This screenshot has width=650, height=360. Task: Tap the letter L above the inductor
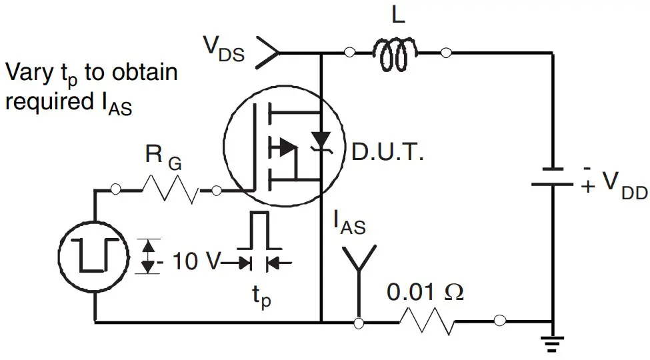[x=398, y=16]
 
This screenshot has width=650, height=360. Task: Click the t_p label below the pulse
[x=261, y=297]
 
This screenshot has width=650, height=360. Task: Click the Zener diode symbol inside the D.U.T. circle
[x=321, y=142]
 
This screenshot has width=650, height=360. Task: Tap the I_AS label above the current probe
[x=349, y=225]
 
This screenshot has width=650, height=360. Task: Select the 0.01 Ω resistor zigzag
[x=427, y=323]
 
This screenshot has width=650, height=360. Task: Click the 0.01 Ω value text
[x=425, y=292]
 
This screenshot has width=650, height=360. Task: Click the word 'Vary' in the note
[x=26, y=72]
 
